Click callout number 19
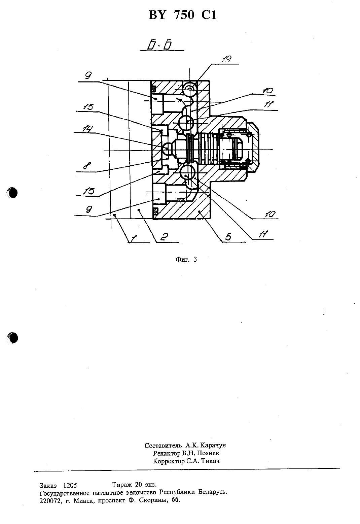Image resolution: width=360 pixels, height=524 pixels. pyautogui.click(x=226, y=59)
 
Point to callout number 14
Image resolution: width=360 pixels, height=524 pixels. pyautogui.click(x=87, y=129)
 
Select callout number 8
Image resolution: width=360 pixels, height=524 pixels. pyautogui.click(x=87, y=166)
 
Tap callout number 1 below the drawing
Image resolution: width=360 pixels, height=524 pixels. pyautogui.click(x=134, y=238)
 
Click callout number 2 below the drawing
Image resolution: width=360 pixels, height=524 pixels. pyautogui.click(x=164, y=237)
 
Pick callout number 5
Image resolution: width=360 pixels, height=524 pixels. pyautogui.click(x=228, y=237)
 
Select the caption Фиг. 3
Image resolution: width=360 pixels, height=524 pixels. pyautogui.click(x=186, y=259)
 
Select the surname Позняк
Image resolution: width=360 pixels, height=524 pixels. pyautogui.click(x=208, y=453)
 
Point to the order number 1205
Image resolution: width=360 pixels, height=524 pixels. pyautogui.click(x=70, y=485)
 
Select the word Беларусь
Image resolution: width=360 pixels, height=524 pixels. pyautogui.click(x=213, y=492)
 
